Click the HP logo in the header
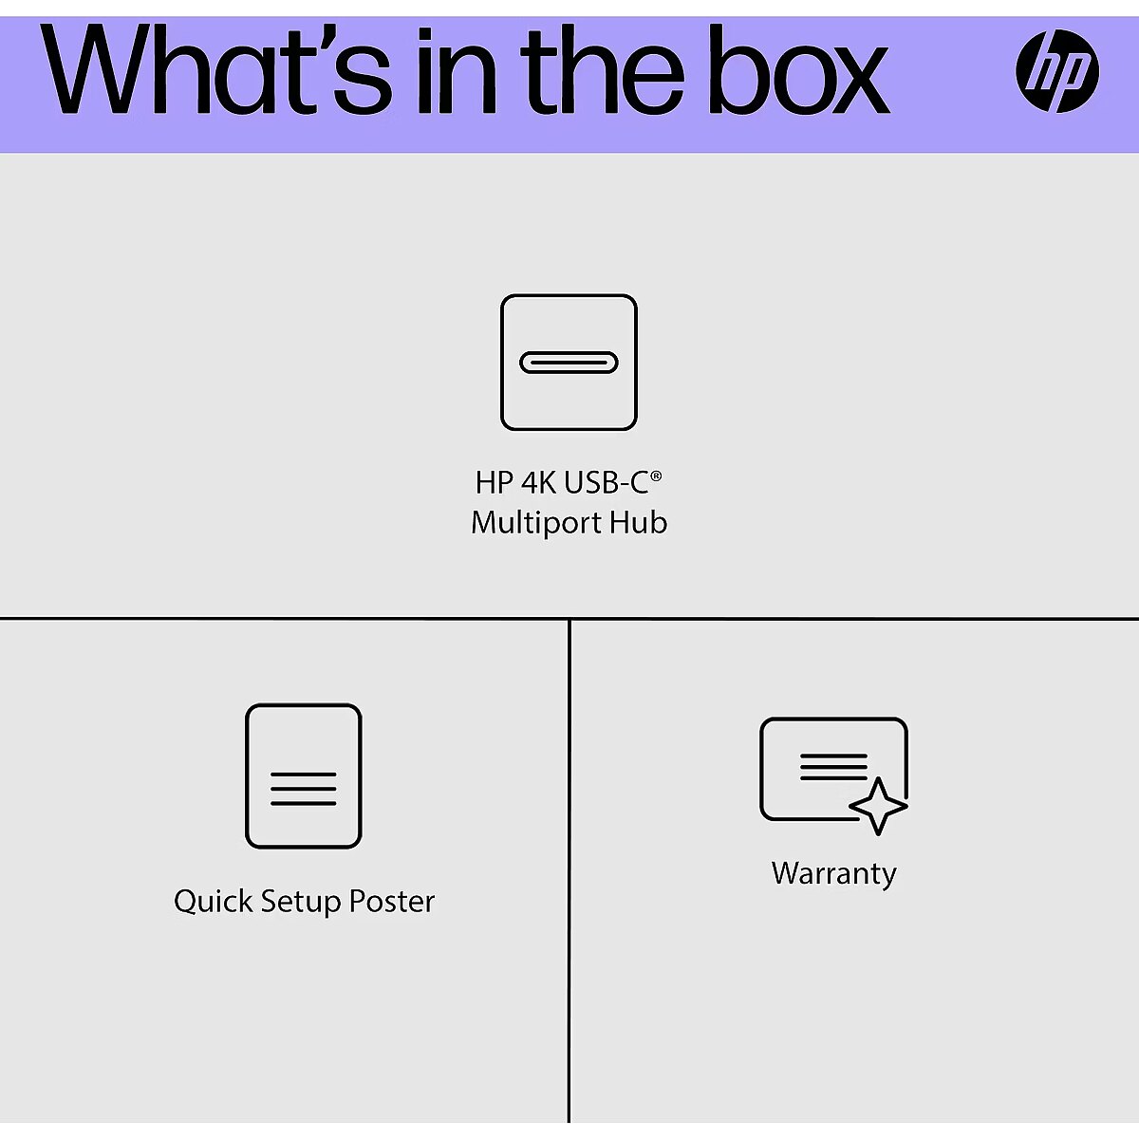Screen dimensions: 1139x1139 [x=1056, y=71]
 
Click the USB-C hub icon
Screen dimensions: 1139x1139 [x=569, y=362]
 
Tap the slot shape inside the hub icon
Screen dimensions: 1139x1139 [x=569, y=363]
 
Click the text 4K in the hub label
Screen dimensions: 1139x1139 [x=539, y=483]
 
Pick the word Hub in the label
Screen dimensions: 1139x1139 [x=638, y=523]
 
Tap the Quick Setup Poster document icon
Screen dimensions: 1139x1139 [x=304, y=775]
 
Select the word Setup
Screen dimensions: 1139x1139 [x=301, y=902]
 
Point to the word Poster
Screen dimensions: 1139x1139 [x=392, y=901]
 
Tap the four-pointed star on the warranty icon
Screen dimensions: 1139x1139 [x=878, y=806]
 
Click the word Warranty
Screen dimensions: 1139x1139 [x=833, y=873]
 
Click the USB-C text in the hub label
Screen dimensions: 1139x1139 [x=606, y=483]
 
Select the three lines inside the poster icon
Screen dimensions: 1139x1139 [x=304, y=789]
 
